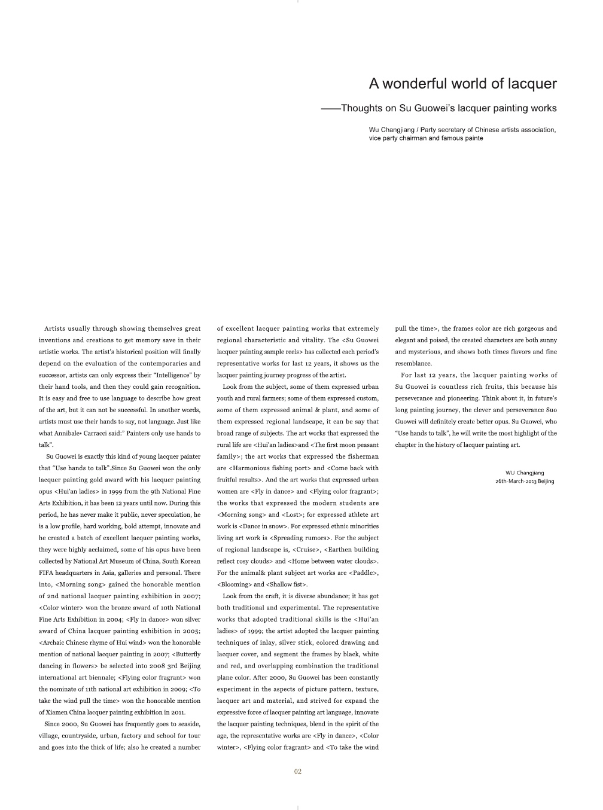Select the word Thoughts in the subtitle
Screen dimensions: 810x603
pos(361,108)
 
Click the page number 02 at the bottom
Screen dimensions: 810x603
pos(298,772)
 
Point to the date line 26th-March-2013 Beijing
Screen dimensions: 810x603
pos(525,481)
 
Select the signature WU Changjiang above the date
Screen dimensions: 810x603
pos(525,473)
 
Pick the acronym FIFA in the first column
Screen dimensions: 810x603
pos(47,573)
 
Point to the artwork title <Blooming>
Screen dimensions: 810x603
pos(234,584)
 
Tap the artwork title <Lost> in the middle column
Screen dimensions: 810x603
pos(293,514)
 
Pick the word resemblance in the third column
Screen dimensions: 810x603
pos(413,363)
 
